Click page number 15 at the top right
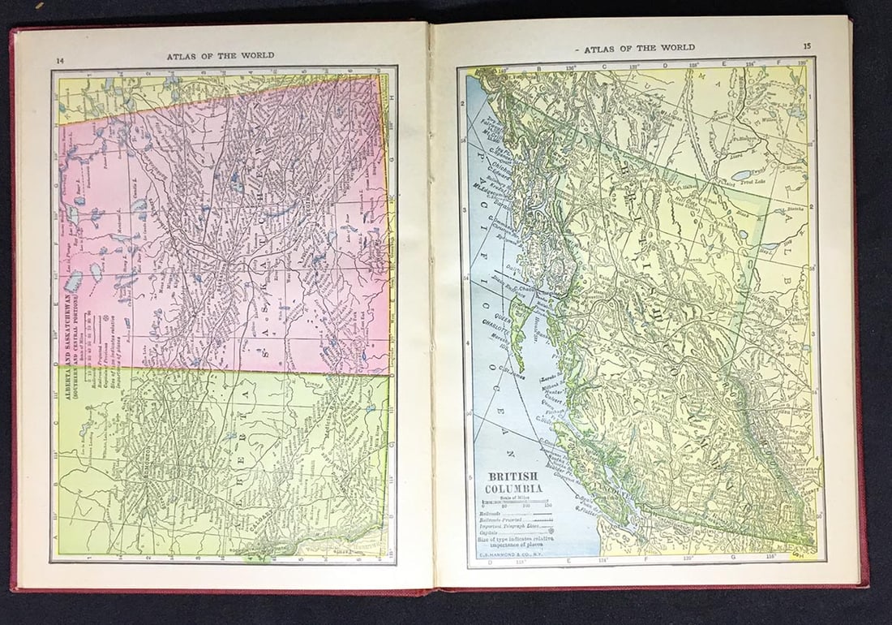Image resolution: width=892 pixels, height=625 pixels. (807, 46)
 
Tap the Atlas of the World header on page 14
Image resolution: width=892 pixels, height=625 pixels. (220, 56)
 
